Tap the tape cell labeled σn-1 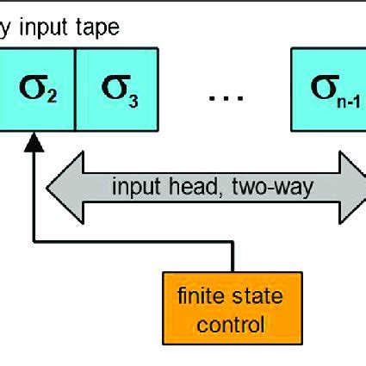click(328, 88)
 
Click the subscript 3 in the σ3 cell click(132, 96)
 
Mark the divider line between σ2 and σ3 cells click(76, 88)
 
